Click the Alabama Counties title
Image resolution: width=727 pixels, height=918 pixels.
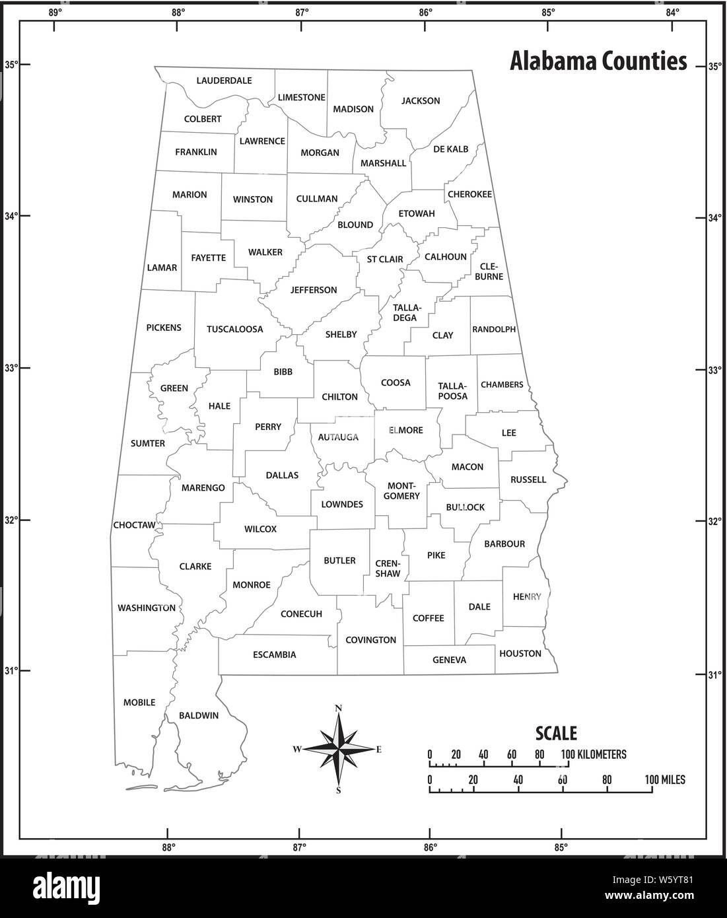point(598,61)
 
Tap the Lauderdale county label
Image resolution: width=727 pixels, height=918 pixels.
point(224,81)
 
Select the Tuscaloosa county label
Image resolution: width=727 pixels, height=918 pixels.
point(234,329)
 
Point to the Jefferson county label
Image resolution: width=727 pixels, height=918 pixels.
point(314,290)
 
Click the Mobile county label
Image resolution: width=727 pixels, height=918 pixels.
point(139,702)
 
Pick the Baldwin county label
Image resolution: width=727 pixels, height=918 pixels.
point(199,715)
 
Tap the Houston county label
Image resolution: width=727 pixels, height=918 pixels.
point(520,653)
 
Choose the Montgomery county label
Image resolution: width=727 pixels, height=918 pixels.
point(401,491)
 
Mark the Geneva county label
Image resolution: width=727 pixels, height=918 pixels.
point(449,660)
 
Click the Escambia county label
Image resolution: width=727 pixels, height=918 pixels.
point(274,655)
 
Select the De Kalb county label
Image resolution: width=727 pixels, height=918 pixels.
point(451,149)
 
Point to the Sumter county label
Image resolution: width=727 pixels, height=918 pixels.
point(147,443)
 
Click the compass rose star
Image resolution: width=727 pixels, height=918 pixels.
point(339,749)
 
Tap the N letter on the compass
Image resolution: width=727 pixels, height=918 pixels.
point(339,709)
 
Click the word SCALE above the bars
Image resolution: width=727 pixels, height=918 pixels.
point(555,733)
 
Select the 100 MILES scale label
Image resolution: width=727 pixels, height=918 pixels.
point(665,780)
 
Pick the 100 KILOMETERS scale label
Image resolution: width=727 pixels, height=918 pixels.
point(594,754)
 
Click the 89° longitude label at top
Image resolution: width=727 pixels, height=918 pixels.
point(55,11)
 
